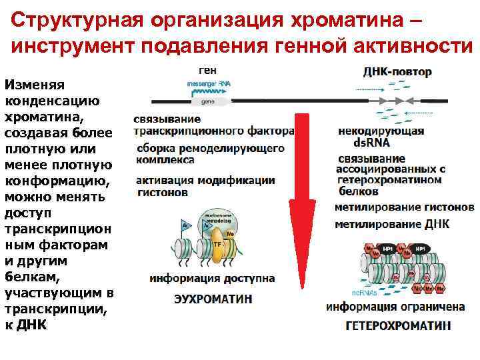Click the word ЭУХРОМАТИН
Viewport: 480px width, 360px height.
[x=213, y=299]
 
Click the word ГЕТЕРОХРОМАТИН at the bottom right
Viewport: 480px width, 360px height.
[x=397, y=325]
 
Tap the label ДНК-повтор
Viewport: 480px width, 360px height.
[x=397, y=71]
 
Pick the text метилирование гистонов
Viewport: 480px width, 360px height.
[x=404, y=207]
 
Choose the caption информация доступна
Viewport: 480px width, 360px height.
[x=212, y=277]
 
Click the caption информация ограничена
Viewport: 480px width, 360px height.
[x=395, y=307]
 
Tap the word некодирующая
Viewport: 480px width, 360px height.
[x=381, y=131]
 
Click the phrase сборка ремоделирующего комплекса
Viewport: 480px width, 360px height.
[x=210, y=154]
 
